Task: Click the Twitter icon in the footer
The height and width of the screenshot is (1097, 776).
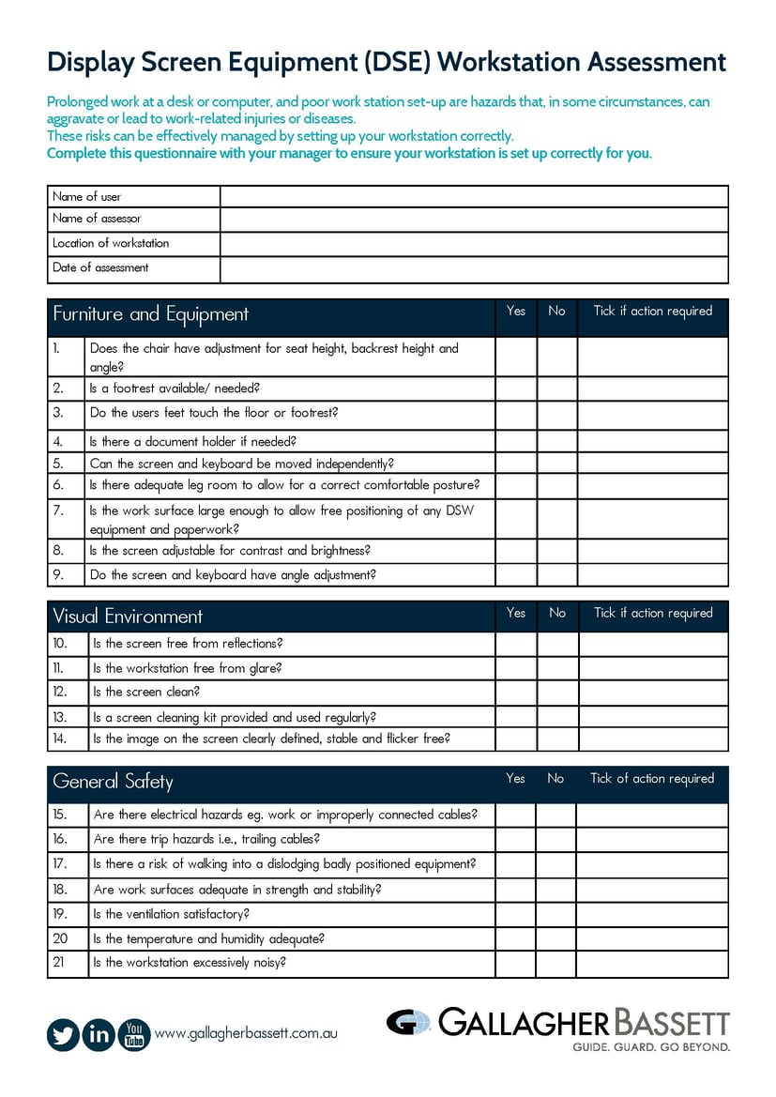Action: tap(63, 1034)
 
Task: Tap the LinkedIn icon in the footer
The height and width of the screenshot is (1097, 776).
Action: tap(99, 1034)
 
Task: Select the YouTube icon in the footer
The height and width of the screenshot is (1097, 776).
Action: tap(134, 1034)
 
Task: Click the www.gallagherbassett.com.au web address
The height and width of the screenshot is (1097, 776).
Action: tap(245, 1033)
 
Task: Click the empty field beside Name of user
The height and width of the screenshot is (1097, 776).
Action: tap(474, 197)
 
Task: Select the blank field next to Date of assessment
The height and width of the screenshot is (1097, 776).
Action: tap(474, 269)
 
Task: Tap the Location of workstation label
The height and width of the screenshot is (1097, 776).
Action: tap(111, 243)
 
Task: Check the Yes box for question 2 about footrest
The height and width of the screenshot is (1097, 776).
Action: tap(515, 389)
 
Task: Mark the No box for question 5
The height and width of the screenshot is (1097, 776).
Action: tap(556, 464)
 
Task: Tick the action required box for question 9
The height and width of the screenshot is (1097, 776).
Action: tap(652, 575)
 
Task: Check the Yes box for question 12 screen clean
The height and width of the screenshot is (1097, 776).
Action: tap(515, 693)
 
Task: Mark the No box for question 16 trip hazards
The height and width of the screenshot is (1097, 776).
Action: tap(555, 840)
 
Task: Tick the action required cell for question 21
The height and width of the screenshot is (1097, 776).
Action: tap(652, 963)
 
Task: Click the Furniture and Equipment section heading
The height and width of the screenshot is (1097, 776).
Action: tap(150, 314)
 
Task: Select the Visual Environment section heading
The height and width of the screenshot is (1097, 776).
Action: tap(128, 617)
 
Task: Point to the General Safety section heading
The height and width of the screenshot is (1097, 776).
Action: tap(113, 782)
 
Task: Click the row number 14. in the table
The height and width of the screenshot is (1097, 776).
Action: tap(60, 739)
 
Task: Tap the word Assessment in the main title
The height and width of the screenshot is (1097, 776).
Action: tap(656, 62)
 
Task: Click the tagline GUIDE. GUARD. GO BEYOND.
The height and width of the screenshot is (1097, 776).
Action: tap(650, 1045)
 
